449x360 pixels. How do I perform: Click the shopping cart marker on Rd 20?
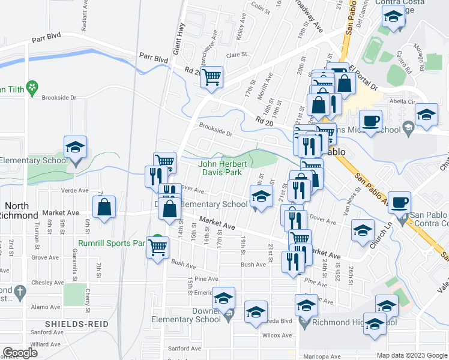click(211, 77)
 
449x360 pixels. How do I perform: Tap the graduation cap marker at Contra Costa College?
click(393, 17)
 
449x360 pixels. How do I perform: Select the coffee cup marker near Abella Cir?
click(370, 119)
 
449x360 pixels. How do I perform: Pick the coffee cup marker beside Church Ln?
click(400, 202)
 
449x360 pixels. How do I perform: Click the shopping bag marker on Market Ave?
click(104, 208)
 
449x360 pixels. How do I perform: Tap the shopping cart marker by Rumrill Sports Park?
click(157, 246)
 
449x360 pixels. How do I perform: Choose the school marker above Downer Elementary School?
click(223, 298)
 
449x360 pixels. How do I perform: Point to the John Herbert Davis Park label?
click(220, 167)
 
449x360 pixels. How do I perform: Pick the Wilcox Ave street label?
click(277, 335)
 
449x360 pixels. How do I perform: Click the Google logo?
click(20, 353)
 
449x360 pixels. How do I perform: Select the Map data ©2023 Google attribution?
click(411, 355)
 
